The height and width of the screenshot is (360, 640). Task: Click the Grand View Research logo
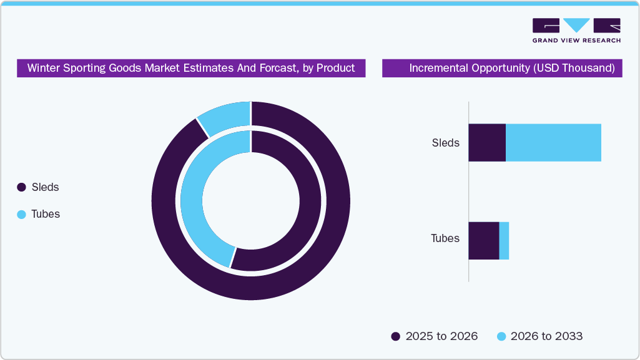click(576, 31)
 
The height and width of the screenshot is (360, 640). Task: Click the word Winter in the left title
click(43, 68)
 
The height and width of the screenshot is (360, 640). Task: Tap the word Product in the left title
click(335, 68)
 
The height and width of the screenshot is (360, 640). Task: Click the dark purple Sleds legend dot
click(21, 187)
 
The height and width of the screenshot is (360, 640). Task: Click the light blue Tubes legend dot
click(21, 214)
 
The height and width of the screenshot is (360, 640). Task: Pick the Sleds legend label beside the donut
click(45, 187)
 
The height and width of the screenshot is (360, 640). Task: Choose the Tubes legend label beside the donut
click(46, 214)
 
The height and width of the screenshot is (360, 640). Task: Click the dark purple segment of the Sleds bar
click(486, 143)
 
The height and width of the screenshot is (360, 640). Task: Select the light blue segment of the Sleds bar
click(553, 143)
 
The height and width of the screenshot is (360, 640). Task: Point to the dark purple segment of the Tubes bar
click(483, 241)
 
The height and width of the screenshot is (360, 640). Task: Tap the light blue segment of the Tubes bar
click(504, 241)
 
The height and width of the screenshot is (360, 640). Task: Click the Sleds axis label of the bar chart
click(445, 143)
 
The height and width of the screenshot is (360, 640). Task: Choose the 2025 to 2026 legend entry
click(435, 336)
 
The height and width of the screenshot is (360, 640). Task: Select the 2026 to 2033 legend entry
click(539, 336)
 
